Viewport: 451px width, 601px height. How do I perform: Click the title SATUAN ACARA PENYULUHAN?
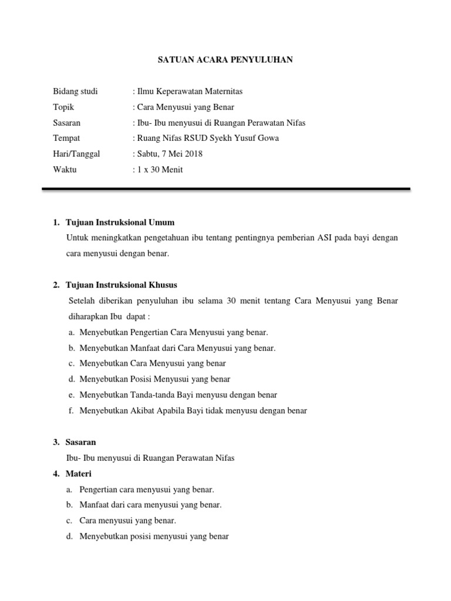tap(225, 60)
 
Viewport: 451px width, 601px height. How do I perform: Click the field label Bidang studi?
tap(75, 92)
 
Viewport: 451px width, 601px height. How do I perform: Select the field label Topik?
tap(63, 107)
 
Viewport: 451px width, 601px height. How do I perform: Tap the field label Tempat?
tap(66, 139)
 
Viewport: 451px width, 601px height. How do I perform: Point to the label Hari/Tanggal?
tap(76, 154)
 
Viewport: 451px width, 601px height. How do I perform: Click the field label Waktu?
tap(65, 170)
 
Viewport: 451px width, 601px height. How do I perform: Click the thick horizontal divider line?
tap(225, 189)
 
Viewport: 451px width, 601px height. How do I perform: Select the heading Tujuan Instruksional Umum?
tap(120, 222)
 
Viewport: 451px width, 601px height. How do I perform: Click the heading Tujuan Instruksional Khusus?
tap(122, 285)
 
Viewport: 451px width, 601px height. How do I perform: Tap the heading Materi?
tap(79, 474)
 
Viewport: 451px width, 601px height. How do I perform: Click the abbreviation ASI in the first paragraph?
tap(324, 238)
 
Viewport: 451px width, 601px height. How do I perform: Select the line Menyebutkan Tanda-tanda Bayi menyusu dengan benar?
tap(178, 395)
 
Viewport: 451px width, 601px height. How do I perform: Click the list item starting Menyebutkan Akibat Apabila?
tap(193, 411)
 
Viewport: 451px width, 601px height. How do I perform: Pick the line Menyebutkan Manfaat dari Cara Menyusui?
tap(177, 348)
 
